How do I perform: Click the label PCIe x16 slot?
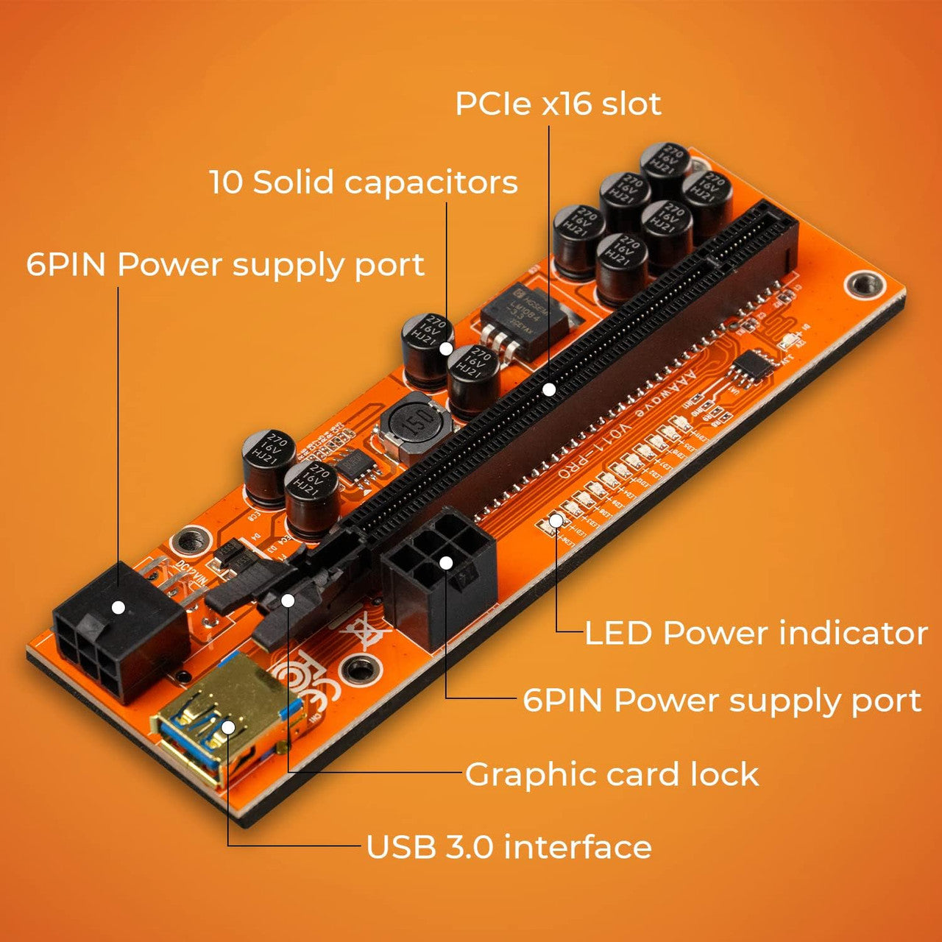pos(558,104)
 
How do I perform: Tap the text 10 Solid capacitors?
pos(364,183)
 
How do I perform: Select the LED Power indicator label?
pos(756,634)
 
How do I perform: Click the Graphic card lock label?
pos(612,775)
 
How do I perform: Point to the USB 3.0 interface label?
pos(509,847)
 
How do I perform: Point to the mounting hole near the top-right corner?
pos(864,283)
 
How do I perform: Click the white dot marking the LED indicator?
pos(556,520)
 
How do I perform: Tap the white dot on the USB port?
pos(228,727)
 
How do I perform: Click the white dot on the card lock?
pos(288,601)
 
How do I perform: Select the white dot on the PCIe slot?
pos(549,389)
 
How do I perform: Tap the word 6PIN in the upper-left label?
pos(66,265)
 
